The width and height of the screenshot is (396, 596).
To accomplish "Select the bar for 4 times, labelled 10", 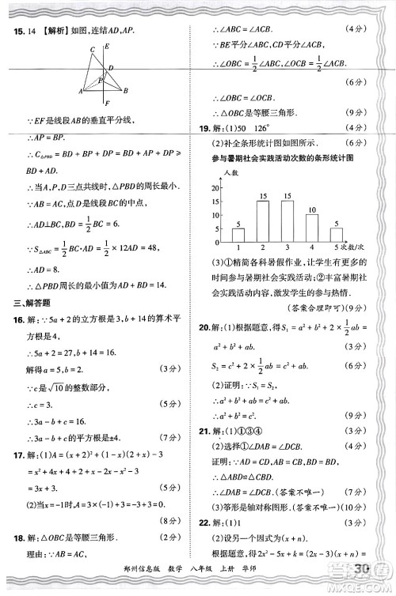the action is point(312,228).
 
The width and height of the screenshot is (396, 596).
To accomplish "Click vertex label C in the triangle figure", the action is point(93,50).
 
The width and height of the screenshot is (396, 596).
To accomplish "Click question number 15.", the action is point(16,32).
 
